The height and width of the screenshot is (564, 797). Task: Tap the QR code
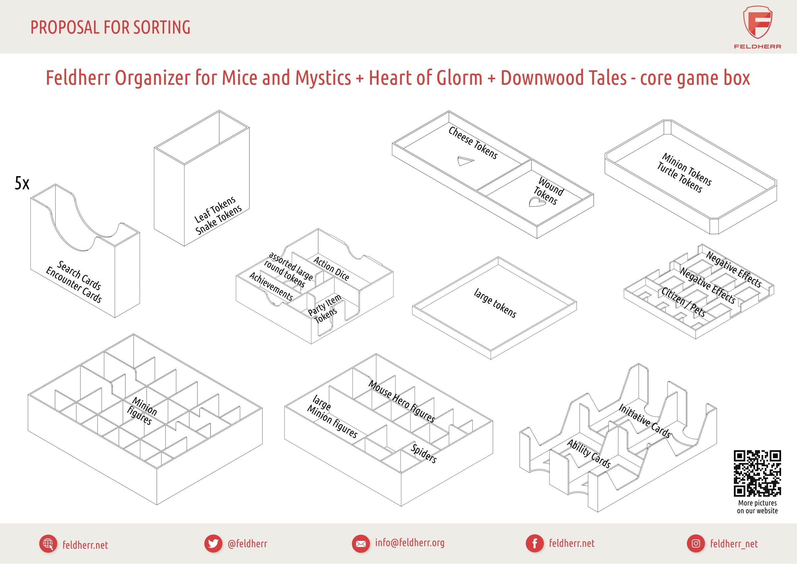point(757,473)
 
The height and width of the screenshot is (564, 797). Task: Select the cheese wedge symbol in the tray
point(465,161)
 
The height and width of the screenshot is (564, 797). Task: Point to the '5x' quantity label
point(22,183)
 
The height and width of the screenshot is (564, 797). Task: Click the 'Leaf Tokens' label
point(215,209)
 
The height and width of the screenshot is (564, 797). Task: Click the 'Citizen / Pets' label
point(683,302)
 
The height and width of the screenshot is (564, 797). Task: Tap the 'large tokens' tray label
point(495,303)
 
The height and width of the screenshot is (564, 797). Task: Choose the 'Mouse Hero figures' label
point(401,401)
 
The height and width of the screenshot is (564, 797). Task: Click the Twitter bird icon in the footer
point(213,543)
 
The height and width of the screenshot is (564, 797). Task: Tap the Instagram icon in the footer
point(696,543)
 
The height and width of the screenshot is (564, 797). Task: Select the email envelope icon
point(361,543)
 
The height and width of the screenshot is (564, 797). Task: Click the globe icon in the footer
point(48,543)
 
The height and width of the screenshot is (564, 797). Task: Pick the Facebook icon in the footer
point(535,543)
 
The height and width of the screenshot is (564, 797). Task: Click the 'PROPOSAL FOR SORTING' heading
point(110,27)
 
